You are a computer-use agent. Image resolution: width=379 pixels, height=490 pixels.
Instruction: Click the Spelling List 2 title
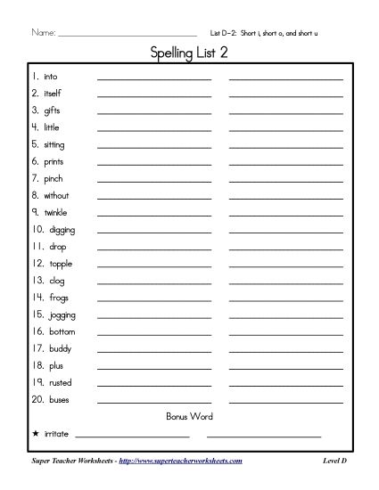click(x=189, y=56)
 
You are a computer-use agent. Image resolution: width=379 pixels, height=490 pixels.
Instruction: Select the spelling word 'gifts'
click(x=52, y=110)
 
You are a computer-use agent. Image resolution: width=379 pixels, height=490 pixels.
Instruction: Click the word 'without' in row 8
click(x=55, y=195)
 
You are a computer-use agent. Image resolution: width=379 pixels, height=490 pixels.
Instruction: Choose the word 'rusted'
click(x=61, y=382)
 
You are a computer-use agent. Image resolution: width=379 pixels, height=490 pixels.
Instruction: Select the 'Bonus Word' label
click(x=189, y=416)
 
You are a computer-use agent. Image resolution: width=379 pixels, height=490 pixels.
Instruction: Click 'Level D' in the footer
click(x=334, y=461)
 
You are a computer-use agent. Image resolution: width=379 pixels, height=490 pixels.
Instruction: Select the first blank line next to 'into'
click(x=153, y=78)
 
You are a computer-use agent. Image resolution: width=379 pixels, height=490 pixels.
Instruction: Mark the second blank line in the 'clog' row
click(x=285, y=282)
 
